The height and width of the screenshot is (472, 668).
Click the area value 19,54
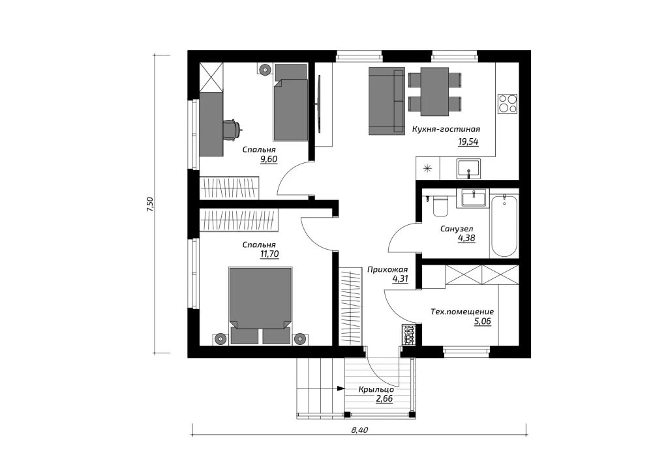coord(468,141)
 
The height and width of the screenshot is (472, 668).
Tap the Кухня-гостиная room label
coord(446,129)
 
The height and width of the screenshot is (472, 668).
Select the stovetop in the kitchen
coord(508,104)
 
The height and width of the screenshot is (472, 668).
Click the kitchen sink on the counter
coord(468,169)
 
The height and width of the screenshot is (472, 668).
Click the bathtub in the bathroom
coord(504,226)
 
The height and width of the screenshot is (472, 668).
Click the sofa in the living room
coord(386,101)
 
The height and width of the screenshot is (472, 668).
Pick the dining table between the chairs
coord(434,91)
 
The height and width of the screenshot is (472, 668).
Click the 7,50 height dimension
coord(149,204)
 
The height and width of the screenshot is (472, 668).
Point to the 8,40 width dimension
coord(359,430)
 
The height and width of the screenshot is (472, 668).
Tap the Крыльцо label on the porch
coord(376,389)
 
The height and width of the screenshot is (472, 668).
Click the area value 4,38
coord(466,239)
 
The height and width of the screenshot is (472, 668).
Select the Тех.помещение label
coord(463,312)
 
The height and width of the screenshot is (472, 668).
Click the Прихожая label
coord(387,269)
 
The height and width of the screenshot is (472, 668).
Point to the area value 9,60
coord(269,160)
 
